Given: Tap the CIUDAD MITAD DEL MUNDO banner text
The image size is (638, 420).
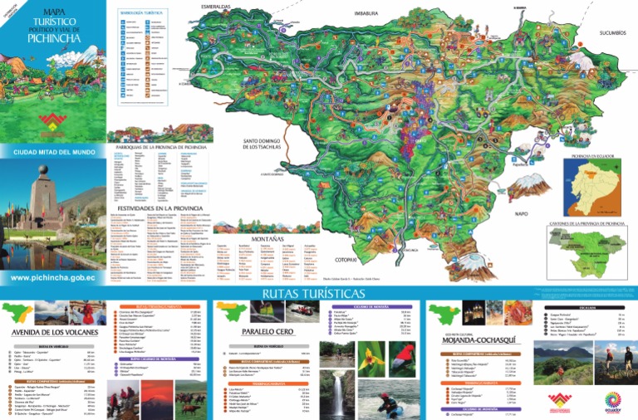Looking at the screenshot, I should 53,152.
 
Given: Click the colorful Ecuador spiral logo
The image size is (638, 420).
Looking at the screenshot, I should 605,401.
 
